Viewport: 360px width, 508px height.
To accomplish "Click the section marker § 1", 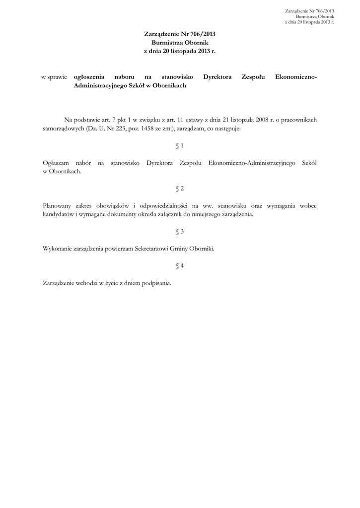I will click(180, 146).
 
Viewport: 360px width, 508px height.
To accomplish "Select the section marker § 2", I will click(180, 189).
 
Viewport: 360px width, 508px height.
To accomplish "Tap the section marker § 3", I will click(180, 232).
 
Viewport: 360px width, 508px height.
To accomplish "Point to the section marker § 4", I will click(180, 266).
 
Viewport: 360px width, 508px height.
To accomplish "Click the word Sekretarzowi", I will click(151, 249).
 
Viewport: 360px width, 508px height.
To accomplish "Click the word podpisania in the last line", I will click(155, 283).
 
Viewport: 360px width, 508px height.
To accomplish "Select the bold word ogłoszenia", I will click(89, 77).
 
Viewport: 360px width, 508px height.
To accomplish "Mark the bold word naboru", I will click(124, 77).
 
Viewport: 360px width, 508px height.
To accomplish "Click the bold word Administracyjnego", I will click(101, 85).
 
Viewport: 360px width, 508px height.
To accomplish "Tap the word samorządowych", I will click(63, 128).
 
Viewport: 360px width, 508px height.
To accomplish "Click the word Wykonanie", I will click(58, 249).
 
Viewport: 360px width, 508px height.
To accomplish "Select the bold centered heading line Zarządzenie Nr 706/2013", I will click(180, 34).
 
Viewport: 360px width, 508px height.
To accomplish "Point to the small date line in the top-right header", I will click(309, 22).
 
